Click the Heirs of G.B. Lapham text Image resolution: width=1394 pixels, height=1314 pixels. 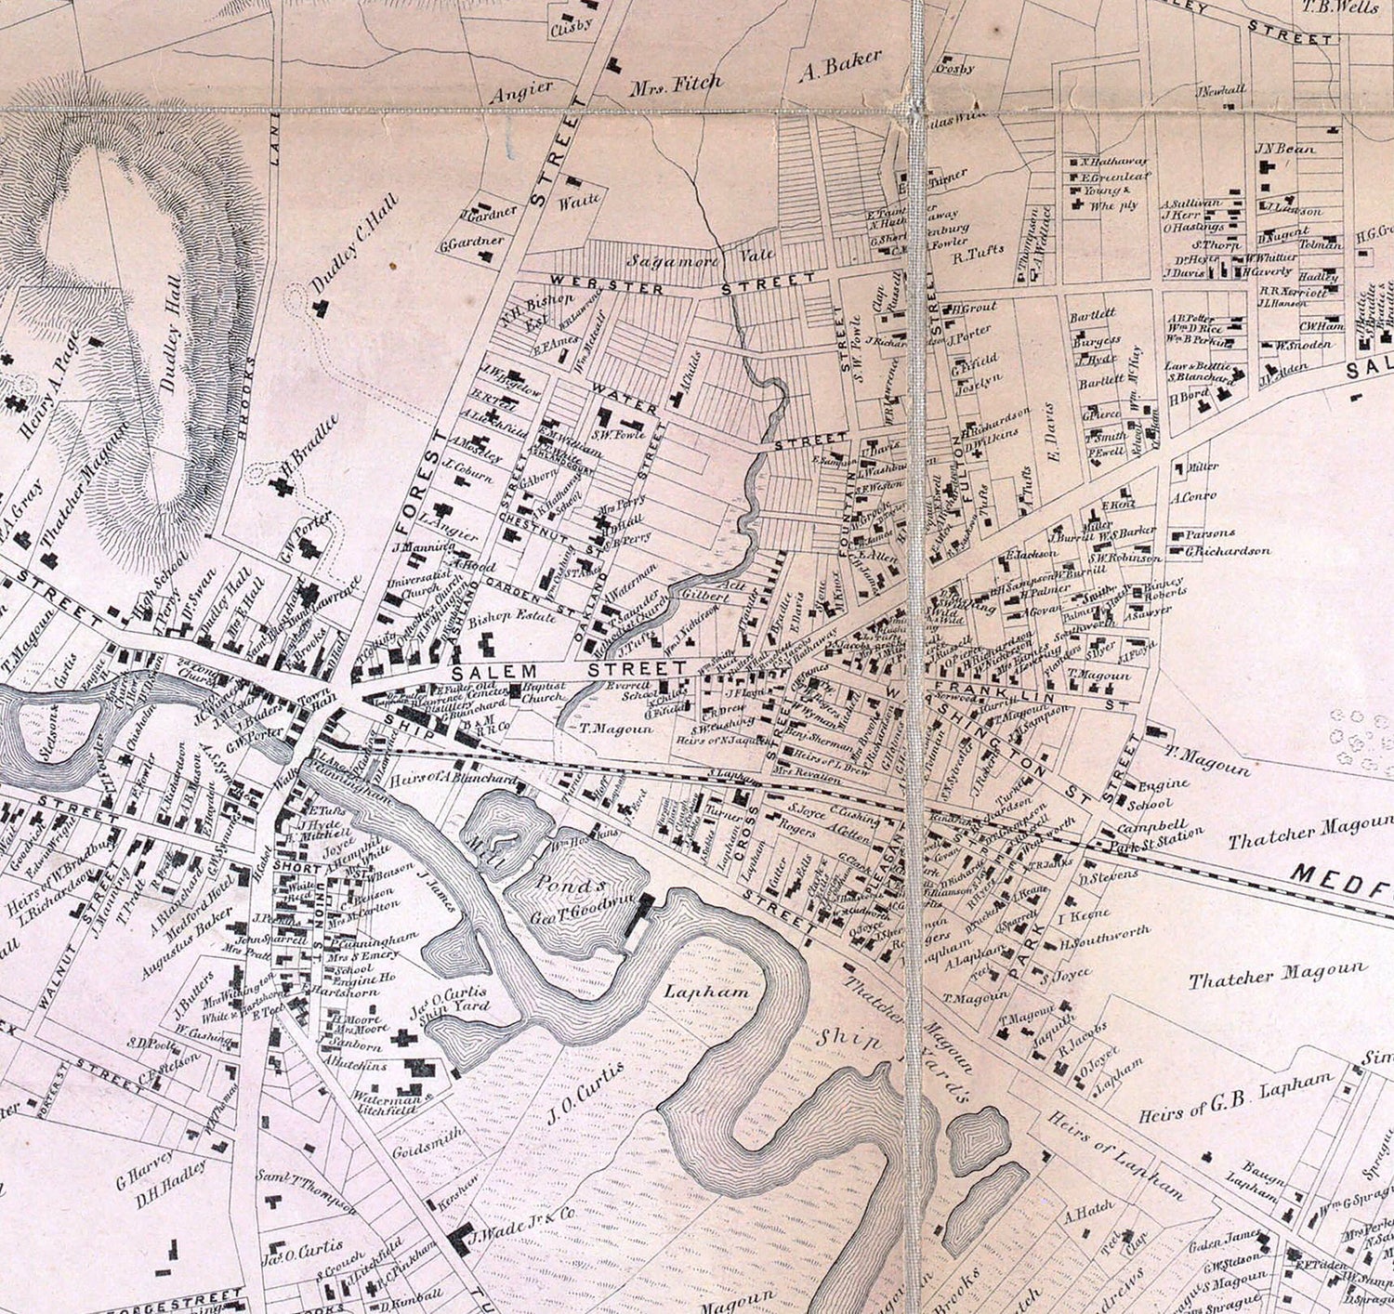(x=1236, y=1099)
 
